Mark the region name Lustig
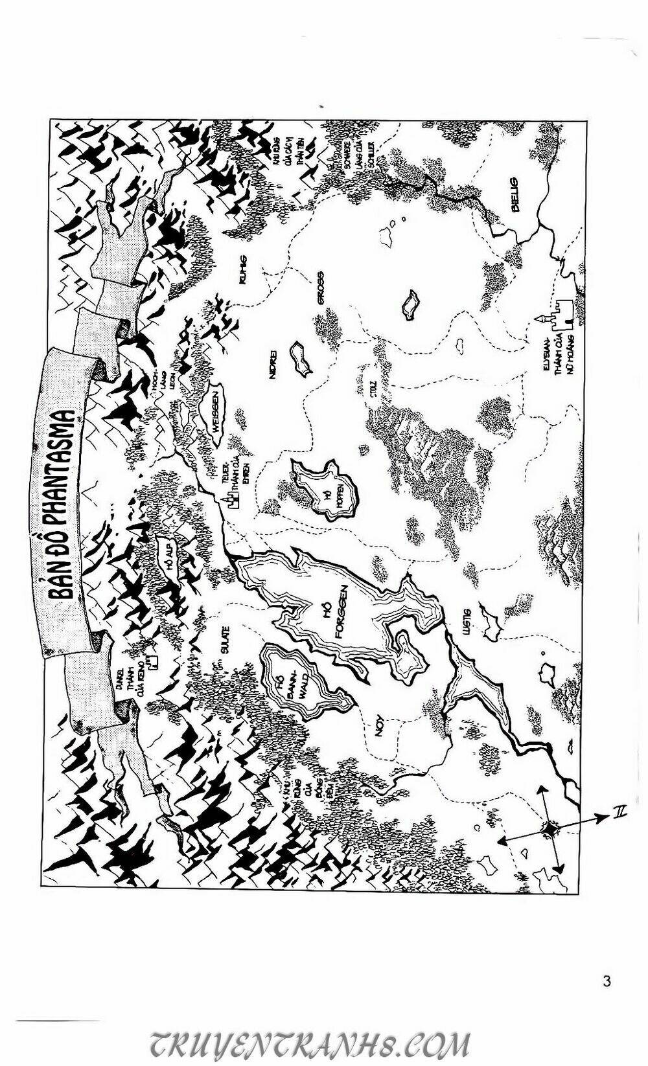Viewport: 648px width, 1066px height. (469, 622)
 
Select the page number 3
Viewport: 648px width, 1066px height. (606, 981)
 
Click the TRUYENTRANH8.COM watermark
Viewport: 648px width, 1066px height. (310, 1044)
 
